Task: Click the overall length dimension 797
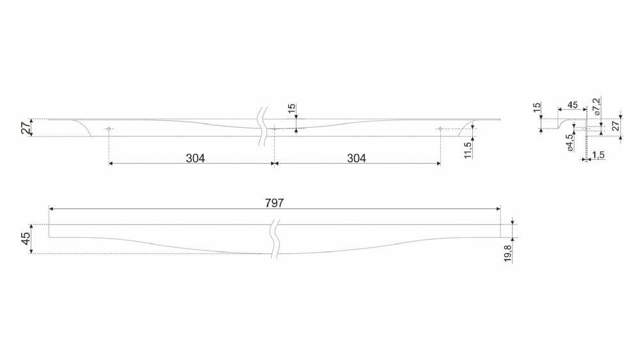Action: click(x=274, y=203)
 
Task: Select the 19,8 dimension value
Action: click(x=508, y=253)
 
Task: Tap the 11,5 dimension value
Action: click(x=468, y=149)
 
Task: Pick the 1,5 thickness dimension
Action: click(x=598, y=155)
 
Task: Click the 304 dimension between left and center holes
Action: click(x=195, y=158)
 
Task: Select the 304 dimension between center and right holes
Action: click(x=357, y=158)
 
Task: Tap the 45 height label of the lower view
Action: click(x=26, y=239)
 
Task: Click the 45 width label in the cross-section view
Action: click(x=573, y=105)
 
